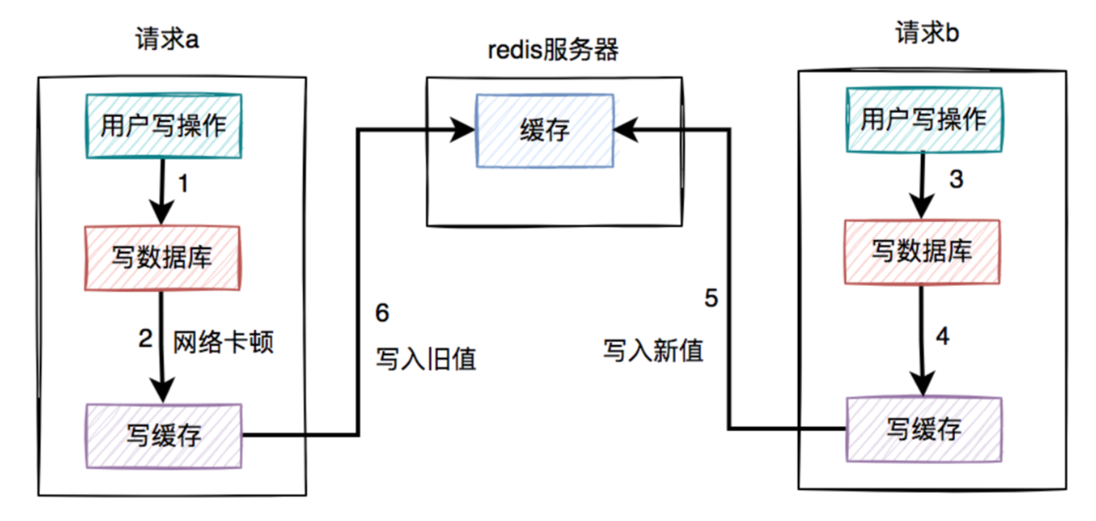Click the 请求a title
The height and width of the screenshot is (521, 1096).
point(167,40)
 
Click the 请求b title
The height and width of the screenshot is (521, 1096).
point(928,35)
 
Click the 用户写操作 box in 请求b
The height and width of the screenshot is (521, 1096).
point(923,120)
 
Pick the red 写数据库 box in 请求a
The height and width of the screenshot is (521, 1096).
point(162,257)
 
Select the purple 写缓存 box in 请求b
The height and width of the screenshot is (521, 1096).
point(924,428)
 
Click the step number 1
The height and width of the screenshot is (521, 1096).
point(183,182)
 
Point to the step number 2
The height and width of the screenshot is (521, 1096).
point(144,339)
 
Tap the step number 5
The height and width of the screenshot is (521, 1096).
point(711,298)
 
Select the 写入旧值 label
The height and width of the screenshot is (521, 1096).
point(426,359)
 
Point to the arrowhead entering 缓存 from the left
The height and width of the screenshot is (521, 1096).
point(463,129)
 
